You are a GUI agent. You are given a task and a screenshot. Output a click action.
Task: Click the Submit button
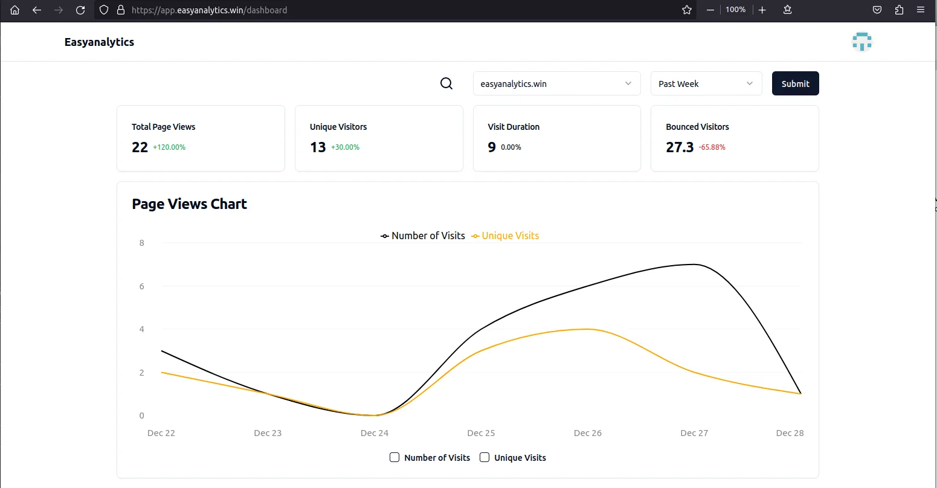click(x=795, y=84)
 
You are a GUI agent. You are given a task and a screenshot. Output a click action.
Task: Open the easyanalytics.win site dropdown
click(x=556, y=84)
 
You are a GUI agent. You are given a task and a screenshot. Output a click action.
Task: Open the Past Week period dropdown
click(x=706, y=84)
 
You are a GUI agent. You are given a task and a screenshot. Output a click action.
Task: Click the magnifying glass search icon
click(x=446, y=84)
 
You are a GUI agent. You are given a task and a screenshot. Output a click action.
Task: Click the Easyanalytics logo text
click(x=99, y=42)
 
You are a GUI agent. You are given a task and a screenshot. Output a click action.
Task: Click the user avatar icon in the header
click(x=861, y=42)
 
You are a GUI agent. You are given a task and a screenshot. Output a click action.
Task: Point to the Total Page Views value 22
click(x=140, y=147)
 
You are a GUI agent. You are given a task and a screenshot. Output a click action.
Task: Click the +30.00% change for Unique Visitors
click(x=345, y=147)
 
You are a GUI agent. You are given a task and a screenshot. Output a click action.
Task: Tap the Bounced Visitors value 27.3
click(x=679, y=147)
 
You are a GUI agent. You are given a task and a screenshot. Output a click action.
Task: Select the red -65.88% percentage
click(x=712, y=147)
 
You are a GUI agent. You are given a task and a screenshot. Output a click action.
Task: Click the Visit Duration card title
click(x=514, y=127)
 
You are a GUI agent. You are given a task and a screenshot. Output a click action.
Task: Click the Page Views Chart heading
click(x=189, y=204)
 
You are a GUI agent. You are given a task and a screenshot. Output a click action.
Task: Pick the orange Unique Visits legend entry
click(x=506, y=236)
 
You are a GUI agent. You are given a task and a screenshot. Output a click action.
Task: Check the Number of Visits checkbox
click(x=394, y=457)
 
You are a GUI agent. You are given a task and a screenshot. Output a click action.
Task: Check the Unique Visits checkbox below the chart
click(x=485, y=457)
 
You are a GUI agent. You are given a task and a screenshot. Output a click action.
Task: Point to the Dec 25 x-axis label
click(x=481, y=433)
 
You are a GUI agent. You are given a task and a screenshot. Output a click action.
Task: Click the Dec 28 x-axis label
click(x=790, y=433)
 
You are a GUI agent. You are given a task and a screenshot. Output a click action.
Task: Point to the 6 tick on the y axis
click(x=142, y=286)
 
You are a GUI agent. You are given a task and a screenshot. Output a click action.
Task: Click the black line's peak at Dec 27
click(x=694, y=265)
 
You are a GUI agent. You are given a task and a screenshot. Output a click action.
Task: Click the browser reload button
click(x=80, y=10)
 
